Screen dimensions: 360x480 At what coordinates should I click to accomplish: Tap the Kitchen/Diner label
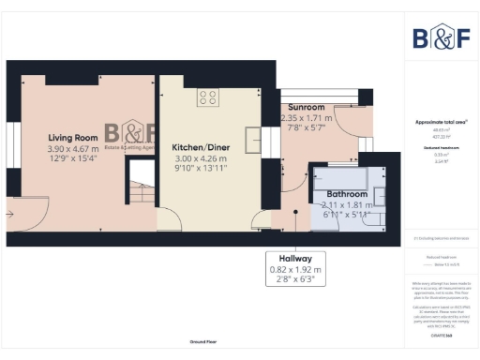[x=201, y=148]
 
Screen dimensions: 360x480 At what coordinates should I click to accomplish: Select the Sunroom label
[x=307, y=108]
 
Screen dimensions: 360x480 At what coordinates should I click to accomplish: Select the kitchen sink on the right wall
[x=252, y=140]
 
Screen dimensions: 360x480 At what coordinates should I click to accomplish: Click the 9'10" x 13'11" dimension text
[x=201, y=170]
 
